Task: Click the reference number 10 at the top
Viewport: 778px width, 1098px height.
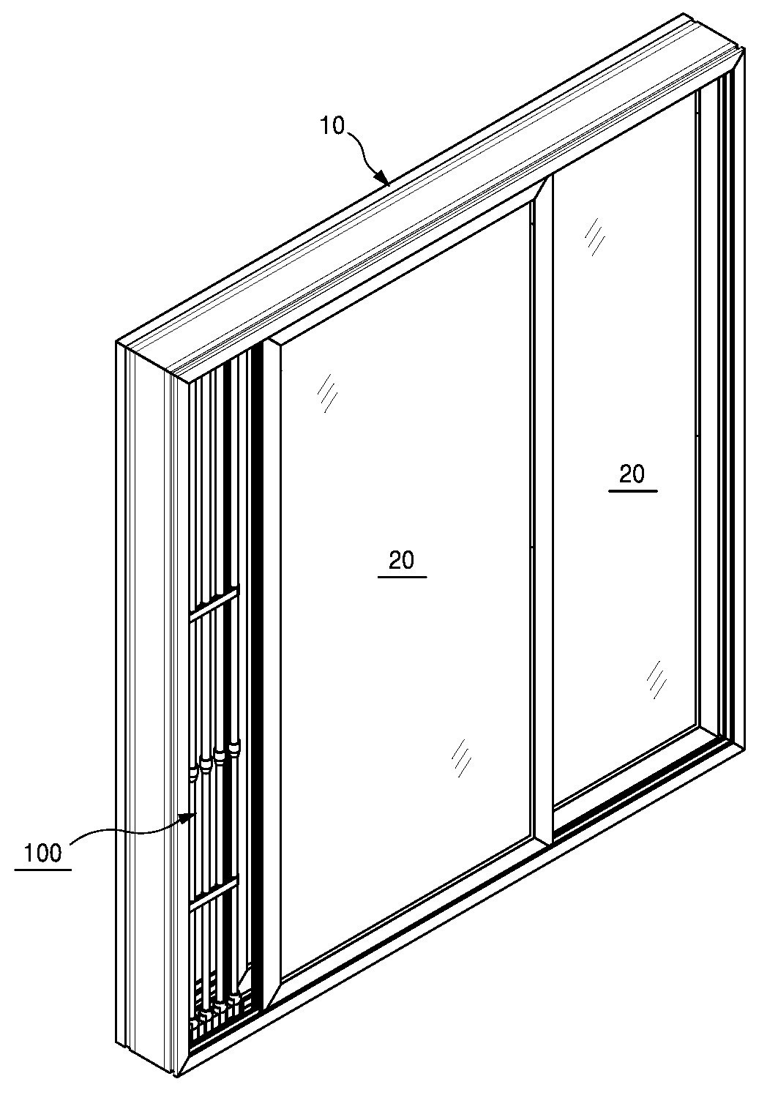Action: click(333, 125)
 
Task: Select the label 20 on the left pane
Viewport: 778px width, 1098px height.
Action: click(402, 560)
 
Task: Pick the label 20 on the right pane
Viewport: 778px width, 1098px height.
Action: click(632, 474)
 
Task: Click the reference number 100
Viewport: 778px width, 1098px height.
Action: click(43, 854)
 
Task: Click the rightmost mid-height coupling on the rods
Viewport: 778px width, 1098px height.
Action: click(234, 750)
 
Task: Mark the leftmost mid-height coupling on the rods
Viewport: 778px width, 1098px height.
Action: click(193, 775)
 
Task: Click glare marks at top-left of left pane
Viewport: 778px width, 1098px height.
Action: click(327, 392)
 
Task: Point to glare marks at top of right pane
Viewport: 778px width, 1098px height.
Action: click(594, 236)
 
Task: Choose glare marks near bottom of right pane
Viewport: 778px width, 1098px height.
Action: click(657, 680)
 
